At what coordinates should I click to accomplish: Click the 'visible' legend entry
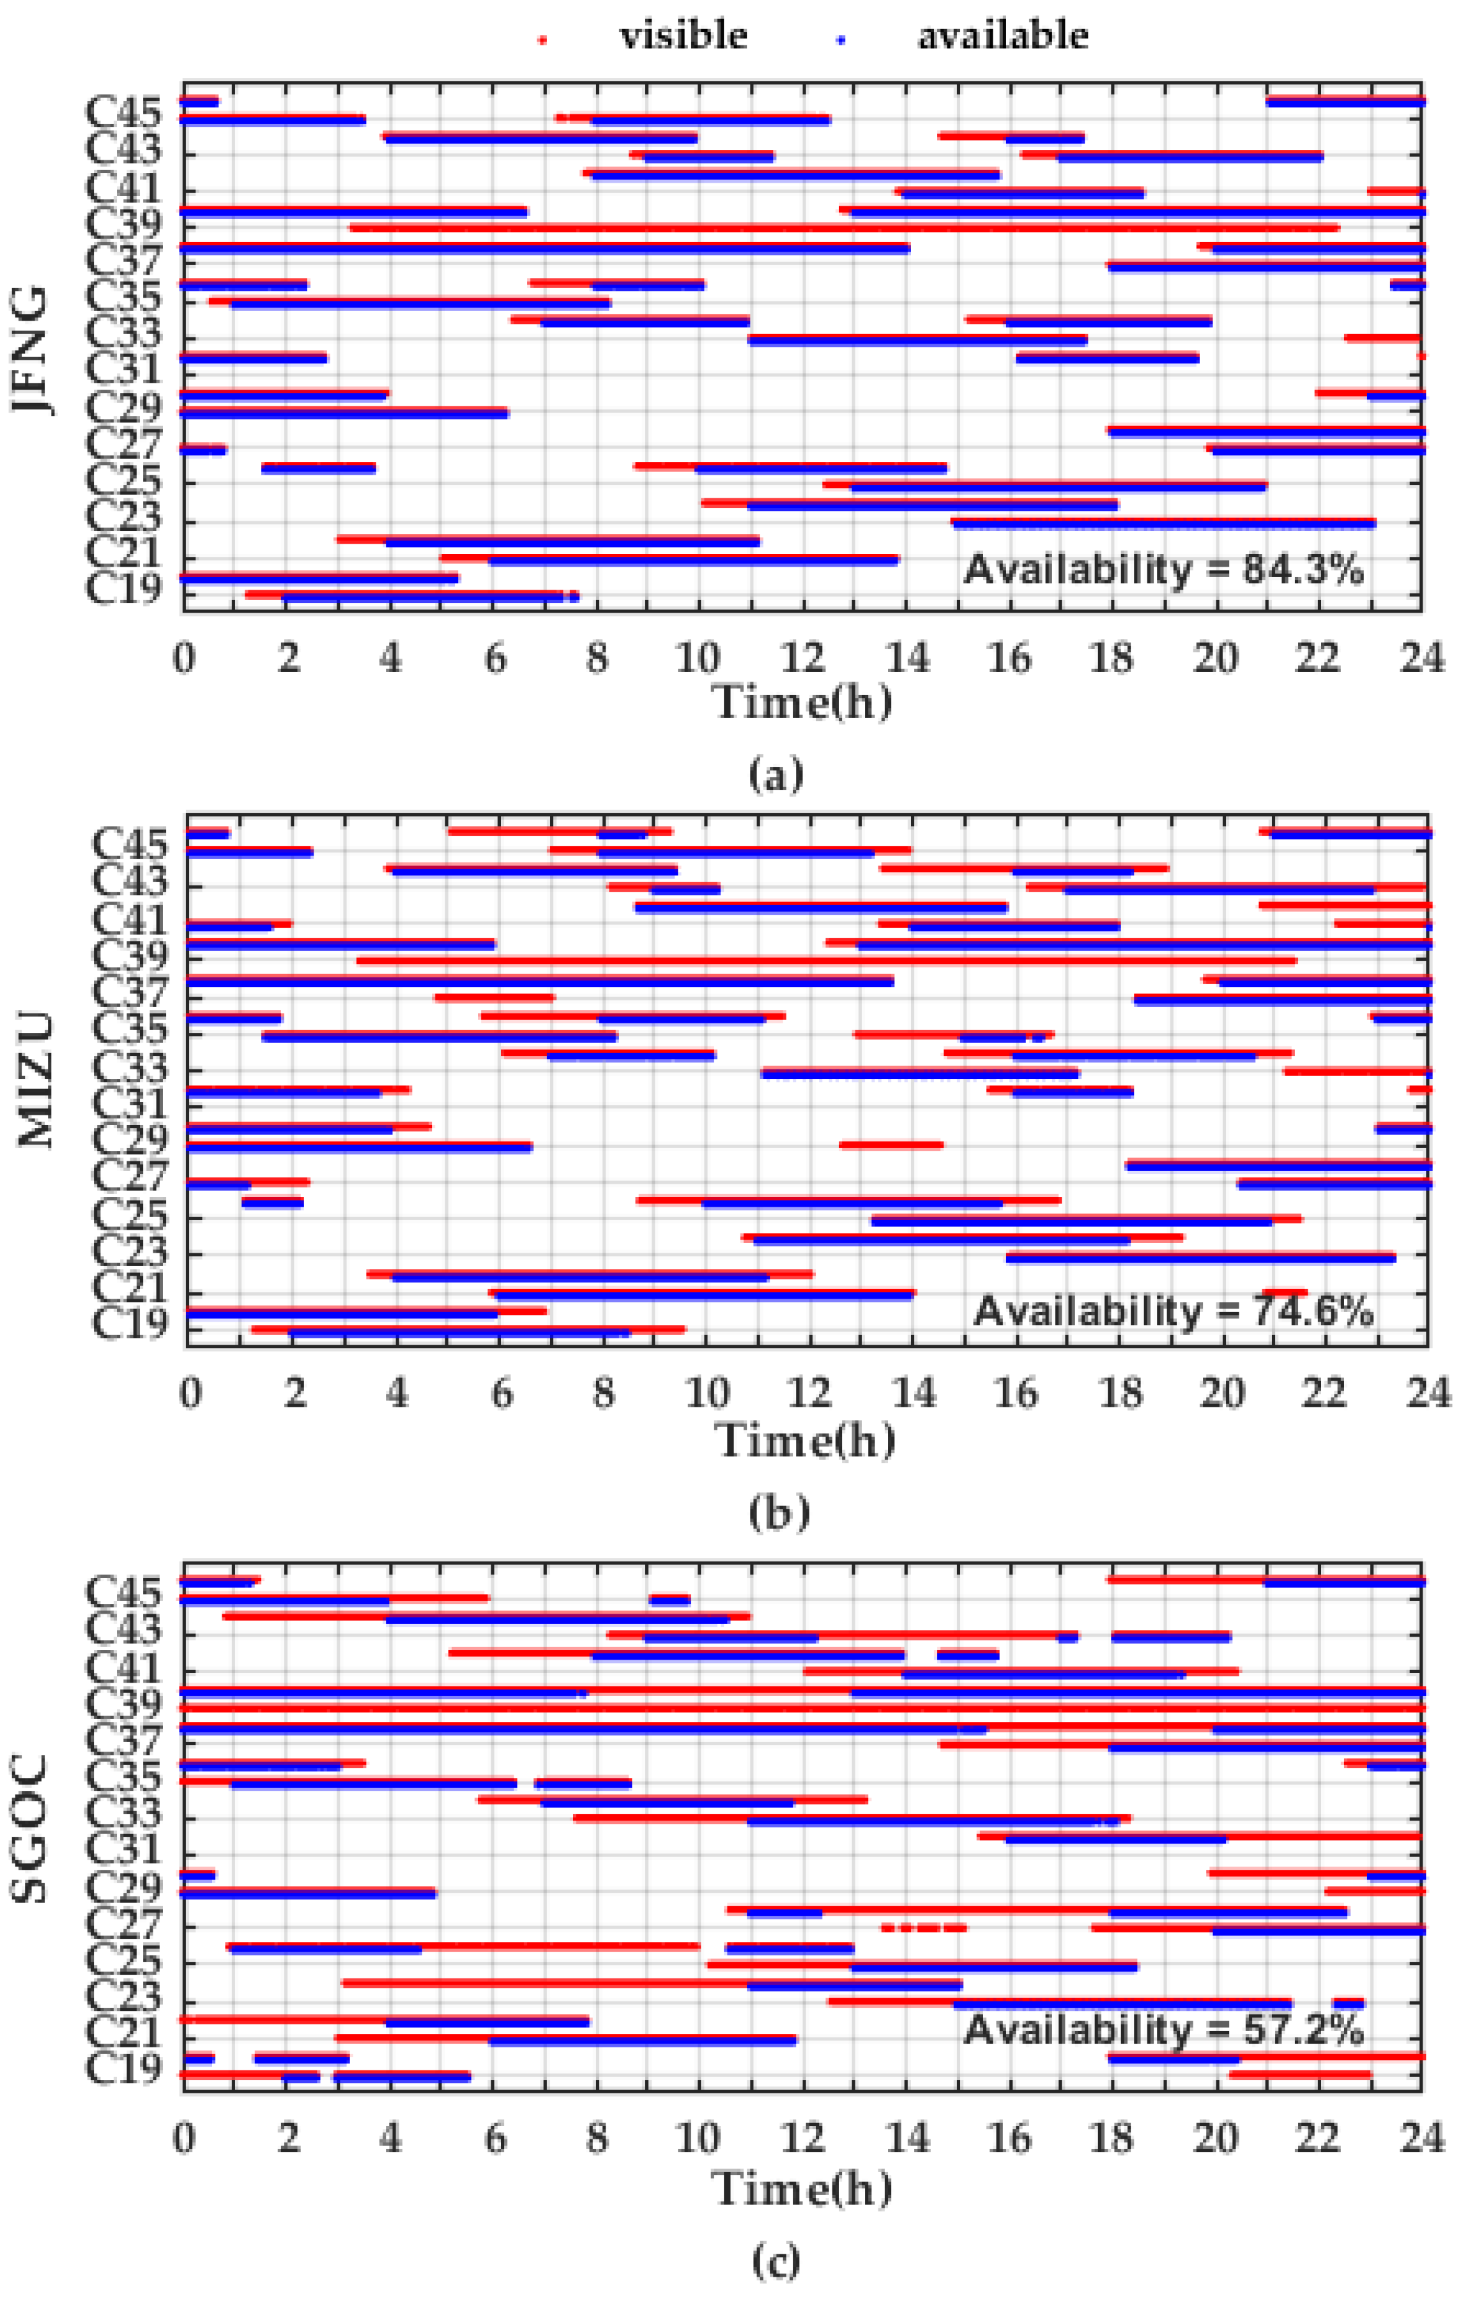click(682, 36)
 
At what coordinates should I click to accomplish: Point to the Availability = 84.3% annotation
click(1163, 570)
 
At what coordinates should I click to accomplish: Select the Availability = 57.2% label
click(1163, 2029)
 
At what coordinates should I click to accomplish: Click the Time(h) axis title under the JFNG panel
click(802, 702)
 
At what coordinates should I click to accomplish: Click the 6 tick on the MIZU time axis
click(501, 1393)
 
